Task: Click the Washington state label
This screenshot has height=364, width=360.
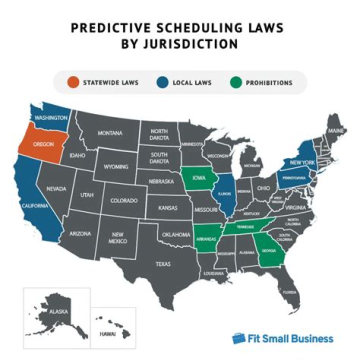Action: (51, 117)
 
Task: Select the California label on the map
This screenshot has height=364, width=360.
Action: (34, 206)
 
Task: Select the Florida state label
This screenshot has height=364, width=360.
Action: (289, 292)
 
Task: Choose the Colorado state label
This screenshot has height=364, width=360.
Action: (123, 200)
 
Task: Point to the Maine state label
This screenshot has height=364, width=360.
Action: (334, 130)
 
